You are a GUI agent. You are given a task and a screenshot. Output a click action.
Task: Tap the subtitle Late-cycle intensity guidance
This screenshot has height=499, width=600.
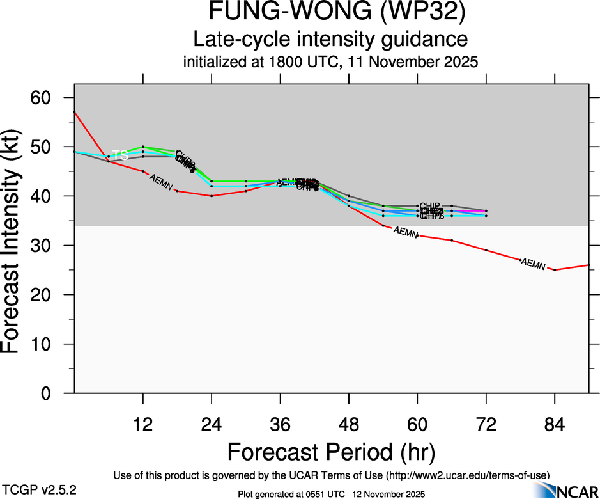coord(330,39)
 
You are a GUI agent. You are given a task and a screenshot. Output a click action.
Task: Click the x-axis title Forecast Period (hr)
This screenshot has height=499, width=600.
coord(330,452)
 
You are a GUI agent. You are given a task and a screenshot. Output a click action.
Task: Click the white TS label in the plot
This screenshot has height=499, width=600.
coord(120,155)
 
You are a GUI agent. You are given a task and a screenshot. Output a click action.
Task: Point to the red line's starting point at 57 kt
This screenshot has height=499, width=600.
coord(75,112)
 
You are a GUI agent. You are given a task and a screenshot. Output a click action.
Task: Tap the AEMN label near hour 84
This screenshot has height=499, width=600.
coord(534,264)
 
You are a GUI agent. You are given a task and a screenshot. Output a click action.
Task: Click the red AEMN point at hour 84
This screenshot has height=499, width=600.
coord(555,270)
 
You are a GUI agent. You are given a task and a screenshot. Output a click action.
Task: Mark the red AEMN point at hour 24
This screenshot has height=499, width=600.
coord(212,196)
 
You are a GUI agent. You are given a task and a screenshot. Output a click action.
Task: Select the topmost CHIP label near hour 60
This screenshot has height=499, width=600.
coord(429,206)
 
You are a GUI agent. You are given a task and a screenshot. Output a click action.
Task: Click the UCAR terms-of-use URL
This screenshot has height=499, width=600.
coord(467,476)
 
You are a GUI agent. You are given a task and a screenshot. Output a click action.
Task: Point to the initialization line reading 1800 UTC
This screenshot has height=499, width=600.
coord(330,62)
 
